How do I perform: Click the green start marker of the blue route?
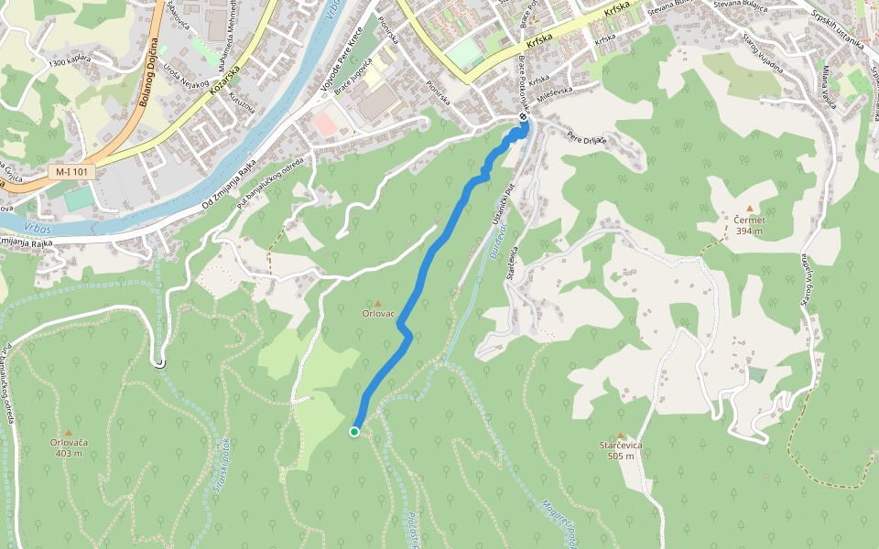coord(354,432)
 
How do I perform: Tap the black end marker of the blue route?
coord(523,117)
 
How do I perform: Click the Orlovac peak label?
coord(377,314)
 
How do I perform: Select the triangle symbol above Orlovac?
coord(377,303)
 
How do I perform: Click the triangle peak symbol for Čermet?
coord(749,209)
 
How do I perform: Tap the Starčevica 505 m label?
coord(620,449)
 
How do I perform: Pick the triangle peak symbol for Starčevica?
coord(620,436)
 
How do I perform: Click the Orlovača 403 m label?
coord(68,447)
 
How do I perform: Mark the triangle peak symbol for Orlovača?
coord(68,432)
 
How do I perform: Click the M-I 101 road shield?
coord(71,171)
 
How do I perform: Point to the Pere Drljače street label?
coord(588,138)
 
